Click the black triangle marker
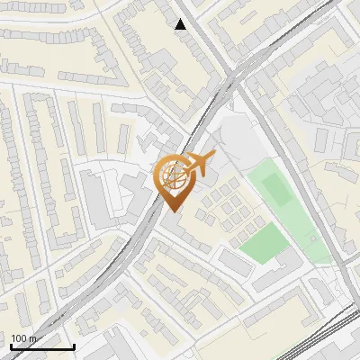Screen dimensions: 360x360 click(181, 24)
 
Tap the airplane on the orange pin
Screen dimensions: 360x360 click(199, 164)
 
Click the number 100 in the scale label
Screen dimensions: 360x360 click(20, 338)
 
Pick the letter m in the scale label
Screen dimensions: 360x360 click(33, 338)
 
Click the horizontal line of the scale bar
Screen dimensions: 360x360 click(41, 347)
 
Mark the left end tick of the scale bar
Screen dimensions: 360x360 click(10, 345)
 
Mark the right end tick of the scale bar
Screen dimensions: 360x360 click(74, 345)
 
